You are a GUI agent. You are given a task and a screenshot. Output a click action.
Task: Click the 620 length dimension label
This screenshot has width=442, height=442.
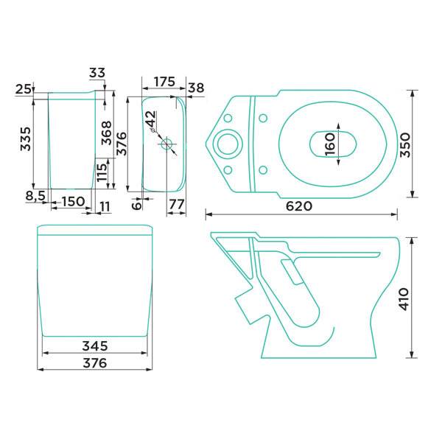(x=299, y=206)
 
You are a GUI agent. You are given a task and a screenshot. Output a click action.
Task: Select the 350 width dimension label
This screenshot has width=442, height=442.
(x=406, y=145)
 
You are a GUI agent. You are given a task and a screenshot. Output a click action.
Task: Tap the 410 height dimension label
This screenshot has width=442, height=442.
(x=404, y=299)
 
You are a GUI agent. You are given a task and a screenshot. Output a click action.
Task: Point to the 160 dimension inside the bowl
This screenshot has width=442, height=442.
(x=330, y=144)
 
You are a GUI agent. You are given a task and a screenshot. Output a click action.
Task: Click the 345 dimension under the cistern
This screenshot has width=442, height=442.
(x=95, y=346)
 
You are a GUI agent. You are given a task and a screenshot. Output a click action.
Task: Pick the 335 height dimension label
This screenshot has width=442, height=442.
(x=25, y=139)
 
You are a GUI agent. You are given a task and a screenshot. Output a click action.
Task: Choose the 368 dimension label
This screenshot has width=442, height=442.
(x=107, y=133)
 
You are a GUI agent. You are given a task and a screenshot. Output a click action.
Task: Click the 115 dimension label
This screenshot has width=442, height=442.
(x=102, y=172)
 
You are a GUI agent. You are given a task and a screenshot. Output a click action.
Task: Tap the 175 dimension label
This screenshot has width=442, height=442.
(x=164, y=82)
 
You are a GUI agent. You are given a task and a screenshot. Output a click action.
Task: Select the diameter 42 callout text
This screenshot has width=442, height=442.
(x=151, y=121)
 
